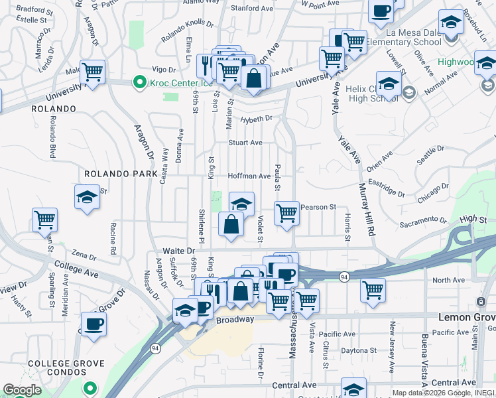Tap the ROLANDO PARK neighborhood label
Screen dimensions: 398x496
[121, 174]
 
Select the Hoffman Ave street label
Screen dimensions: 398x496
[249, 176]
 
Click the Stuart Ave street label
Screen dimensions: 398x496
[245, 143]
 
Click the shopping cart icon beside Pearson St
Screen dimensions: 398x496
[286, 214]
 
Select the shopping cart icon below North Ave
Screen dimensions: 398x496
[373, 289]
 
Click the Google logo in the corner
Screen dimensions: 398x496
[22, 390]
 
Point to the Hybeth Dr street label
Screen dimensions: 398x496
[257, 118]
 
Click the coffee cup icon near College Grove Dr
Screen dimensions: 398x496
[93, 324]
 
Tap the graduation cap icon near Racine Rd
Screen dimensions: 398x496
[86, 198]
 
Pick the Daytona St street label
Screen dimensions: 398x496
[359, 350]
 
